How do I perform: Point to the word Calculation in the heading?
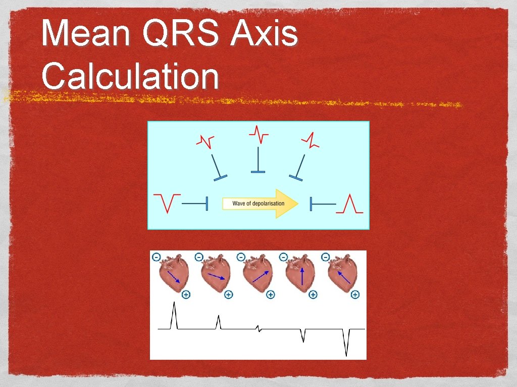tap(130, 77)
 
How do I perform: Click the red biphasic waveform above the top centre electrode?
tap(258, 134)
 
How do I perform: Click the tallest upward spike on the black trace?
tap(174, 315)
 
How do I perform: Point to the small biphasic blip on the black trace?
tap(259, 329)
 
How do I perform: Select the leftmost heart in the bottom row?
tap(174, 275)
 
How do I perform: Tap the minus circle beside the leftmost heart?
tap(157, 257)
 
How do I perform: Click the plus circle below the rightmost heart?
tap(355, 294)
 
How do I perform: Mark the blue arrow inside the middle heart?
tap(260, 276)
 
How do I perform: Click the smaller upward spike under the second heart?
tap(218, 321)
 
